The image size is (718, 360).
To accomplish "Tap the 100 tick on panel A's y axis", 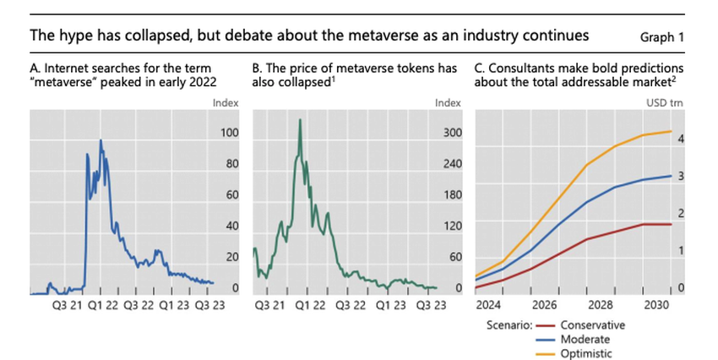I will pos(229,133).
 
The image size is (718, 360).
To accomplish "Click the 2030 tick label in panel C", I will pos(652,304).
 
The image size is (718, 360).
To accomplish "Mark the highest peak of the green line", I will pos(300,120).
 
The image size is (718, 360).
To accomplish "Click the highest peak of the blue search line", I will pos(101,140).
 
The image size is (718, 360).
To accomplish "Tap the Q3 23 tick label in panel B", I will pos(431,304).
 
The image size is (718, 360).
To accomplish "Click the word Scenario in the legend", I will pos(510,324).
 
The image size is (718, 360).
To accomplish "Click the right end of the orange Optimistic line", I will pos(672,131).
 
